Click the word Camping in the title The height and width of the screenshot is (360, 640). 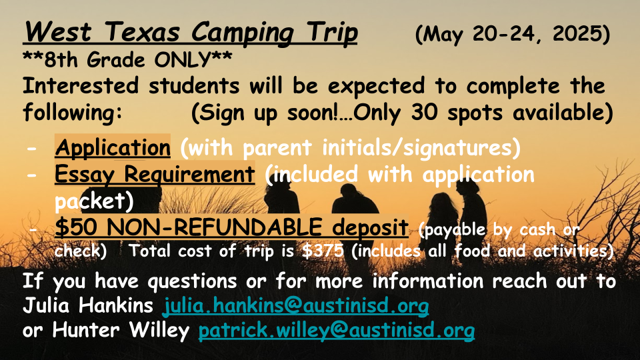[x=243, y=33]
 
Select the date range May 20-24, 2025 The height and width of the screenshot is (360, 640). [x=512, y=34]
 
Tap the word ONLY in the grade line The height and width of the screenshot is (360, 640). [x=182, y=60]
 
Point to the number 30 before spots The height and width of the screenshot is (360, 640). [x=425, y=112]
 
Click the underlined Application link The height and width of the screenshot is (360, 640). [x=113, y=147]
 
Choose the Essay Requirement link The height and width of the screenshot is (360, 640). [x=155, y=174]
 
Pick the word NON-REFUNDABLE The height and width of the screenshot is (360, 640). [x=214, y=227]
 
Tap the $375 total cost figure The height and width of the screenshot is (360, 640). [x=323, y=251]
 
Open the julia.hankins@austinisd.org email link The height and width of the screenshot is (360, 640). [x=295, y=305]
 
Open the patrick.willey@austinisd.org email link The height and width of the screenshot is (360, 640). [x=336, y=330]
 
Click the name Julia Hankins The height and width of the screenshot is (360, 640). [x=88, y=305]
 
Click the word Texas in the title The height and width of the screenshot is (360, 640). [x=142, y=31]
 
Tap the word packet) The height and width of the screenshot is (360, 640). [x=94, y=201]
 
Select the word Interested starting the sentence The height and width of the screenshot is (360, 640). [x=81, y=86]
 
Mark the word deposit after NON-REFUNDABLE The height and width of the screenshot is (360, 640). [x=370, y=228]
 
